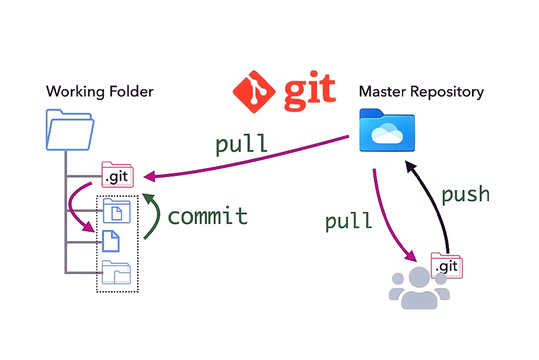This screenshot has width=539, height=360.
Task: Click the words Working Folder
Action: pyautogui.click(x=100, y=91)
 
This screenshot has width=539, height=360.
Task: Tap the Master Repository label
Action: pyautogui.click(x=421, y=91)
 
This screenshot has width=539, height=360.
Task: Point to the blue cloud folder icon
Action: pyautogui.click(x=387, y=131)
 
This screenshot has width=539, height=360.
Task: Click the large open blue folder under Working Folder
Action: pyautogui.click(x=69, y=130)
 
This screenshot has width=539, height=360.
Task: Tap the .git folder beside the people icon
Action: pyautogui.click(x=446, y=265)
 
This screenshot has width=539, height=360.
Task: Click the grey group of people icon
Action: pyautogui.click(x=419, y=288)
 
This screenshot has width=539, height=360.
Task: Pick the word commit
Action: pyautogui.click(x=208, y=216)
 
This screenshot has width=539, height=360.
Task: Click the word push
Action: pyautogui.click(x=466, y=194)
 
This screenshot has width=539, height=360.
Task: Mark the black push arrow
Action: pyautogui.click(x=433, y=202)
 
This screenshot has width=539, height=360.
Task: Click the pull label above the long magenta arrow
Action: pyautogui.click(x=241, y=144)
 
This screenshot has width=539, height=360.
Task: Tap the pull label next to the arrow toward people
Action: pyautogui.click(x=348, y=220)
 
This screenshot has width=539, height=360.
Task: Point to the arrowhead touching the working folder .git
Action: pyautogui.click(x=151, y=176)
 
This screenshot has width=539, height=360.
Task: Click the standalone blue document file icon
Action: pyautogui.click(x=111, y=241)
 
